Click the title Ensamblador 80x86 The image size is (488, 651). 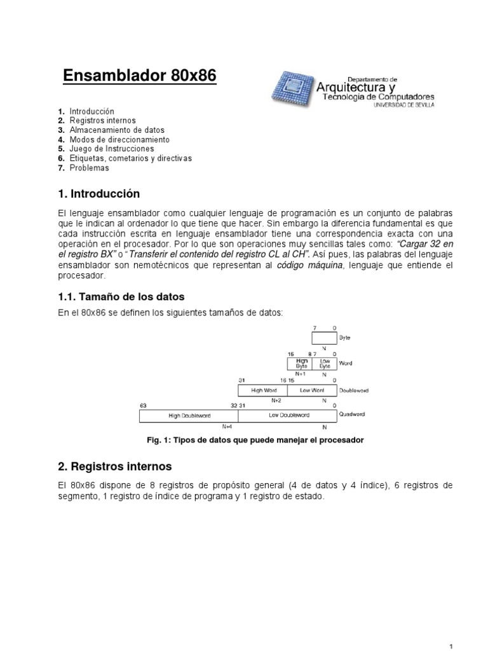(x=140, y=77)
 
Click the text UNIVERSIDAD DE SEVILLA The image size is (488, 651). (x=402, y=106)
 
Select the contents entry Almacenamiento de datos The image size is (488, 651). (x=117, y=130)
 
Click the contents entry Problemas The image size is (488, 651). (x=90, y=168)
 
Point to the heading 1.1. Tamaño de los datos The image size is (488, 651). (x=121, y=296)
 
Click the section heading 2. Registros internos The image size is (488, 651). (x=114, y=467)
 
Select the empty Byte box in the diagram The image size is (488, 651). (x=324, y=338)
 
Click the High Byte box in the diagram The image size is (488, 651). (x=301, y=364)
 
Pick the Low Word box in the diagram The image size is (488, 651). (x=311, y=390)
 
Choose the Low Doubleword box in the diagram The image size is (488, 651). (x=290, y=416)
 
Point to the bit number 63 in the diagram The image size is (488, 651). (x=142, y=404)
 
